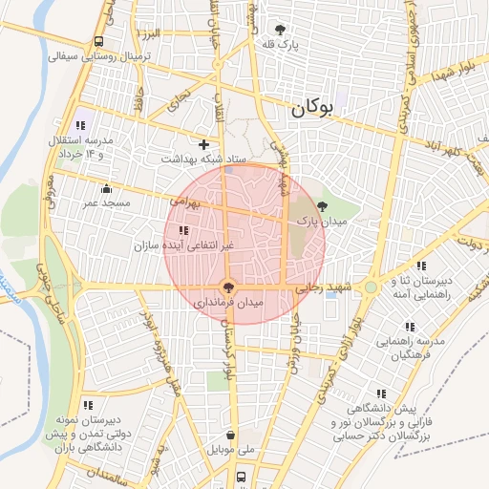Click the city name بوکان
point(315,110)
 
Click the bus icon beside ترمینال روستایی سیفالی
point(99,41)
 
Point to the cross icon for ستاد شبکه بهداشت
point(203,143)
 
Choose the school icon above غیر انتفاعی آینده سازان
point(183,230)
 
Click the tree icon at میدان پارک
point(322,205)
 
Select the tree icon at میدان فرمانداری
point(227,286)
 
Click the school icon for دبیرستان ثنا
point(421,265)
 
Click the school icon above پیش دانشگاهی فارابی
point(382,393)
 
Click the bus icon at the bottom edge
point(242,476)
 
